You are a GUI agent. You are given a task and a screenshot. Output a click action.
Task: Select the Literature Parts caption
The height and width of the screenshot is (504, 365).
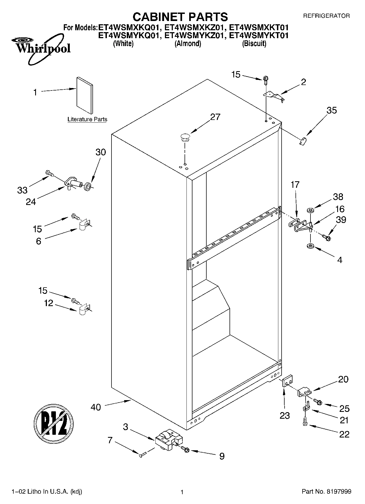click(87, 119)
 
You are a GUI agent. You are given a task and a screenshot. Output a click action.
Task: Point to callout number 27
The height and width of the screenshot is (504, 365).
click(215, 117)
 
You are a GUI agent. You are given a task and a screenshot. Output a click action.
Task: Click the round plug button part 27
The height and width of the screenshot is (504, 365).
click(185, 137)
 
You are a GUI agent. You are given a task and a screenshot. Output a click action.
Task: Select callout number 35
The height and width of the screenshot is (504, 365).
click(331, 110)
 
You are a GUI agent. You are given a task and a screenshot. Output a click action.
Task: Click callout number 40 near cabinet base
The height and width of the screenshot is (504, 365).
click(96, 407)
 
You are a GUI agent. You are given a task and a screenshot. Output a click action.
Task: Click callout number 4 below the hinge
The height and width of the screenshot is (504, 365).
click(339, 260)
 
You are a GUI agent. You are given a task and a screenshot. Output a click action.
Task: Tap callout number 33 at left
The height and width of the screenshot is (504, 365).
click(22, 190)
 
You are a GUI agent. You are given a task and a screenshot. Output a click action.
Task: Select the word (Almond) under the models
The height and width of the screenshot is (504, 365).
click(188, 44)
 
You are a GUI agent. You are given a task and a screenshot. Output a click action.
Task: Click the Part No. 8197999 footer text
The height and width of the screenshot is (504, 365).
click(326, 491)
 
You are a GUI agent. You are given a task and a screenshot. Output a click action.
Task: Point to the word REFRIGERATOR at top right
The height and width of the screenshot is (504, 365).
click(326, 16)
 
